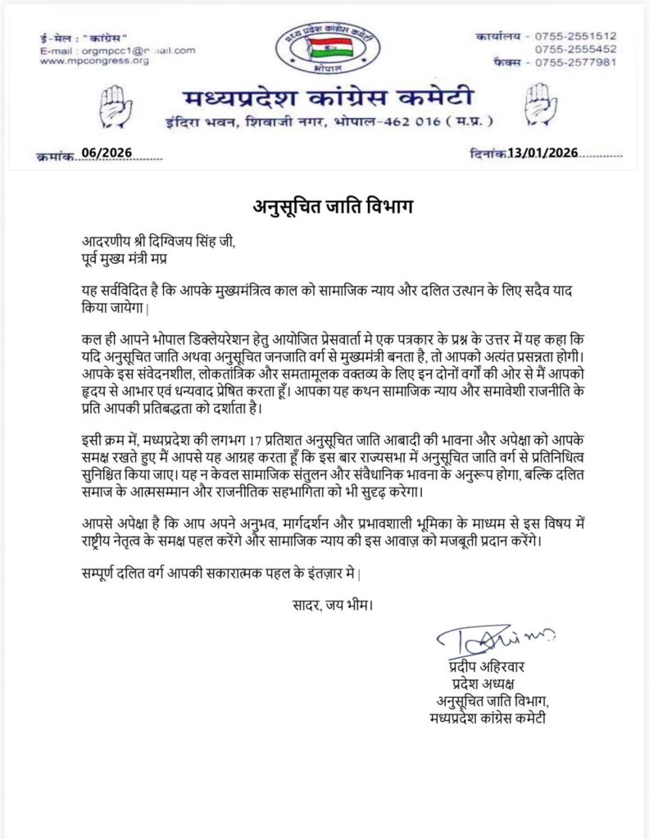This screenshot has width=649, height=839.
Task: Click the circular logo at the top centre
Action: coord(324,47)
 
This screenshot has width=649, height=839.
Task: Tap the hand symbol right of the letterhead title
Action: coord(538,105)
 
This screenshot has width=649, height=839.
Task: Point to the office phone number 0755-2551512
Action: coord(575,37)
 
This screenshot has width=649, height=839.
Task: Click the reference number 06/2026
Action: coord(107,153)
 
